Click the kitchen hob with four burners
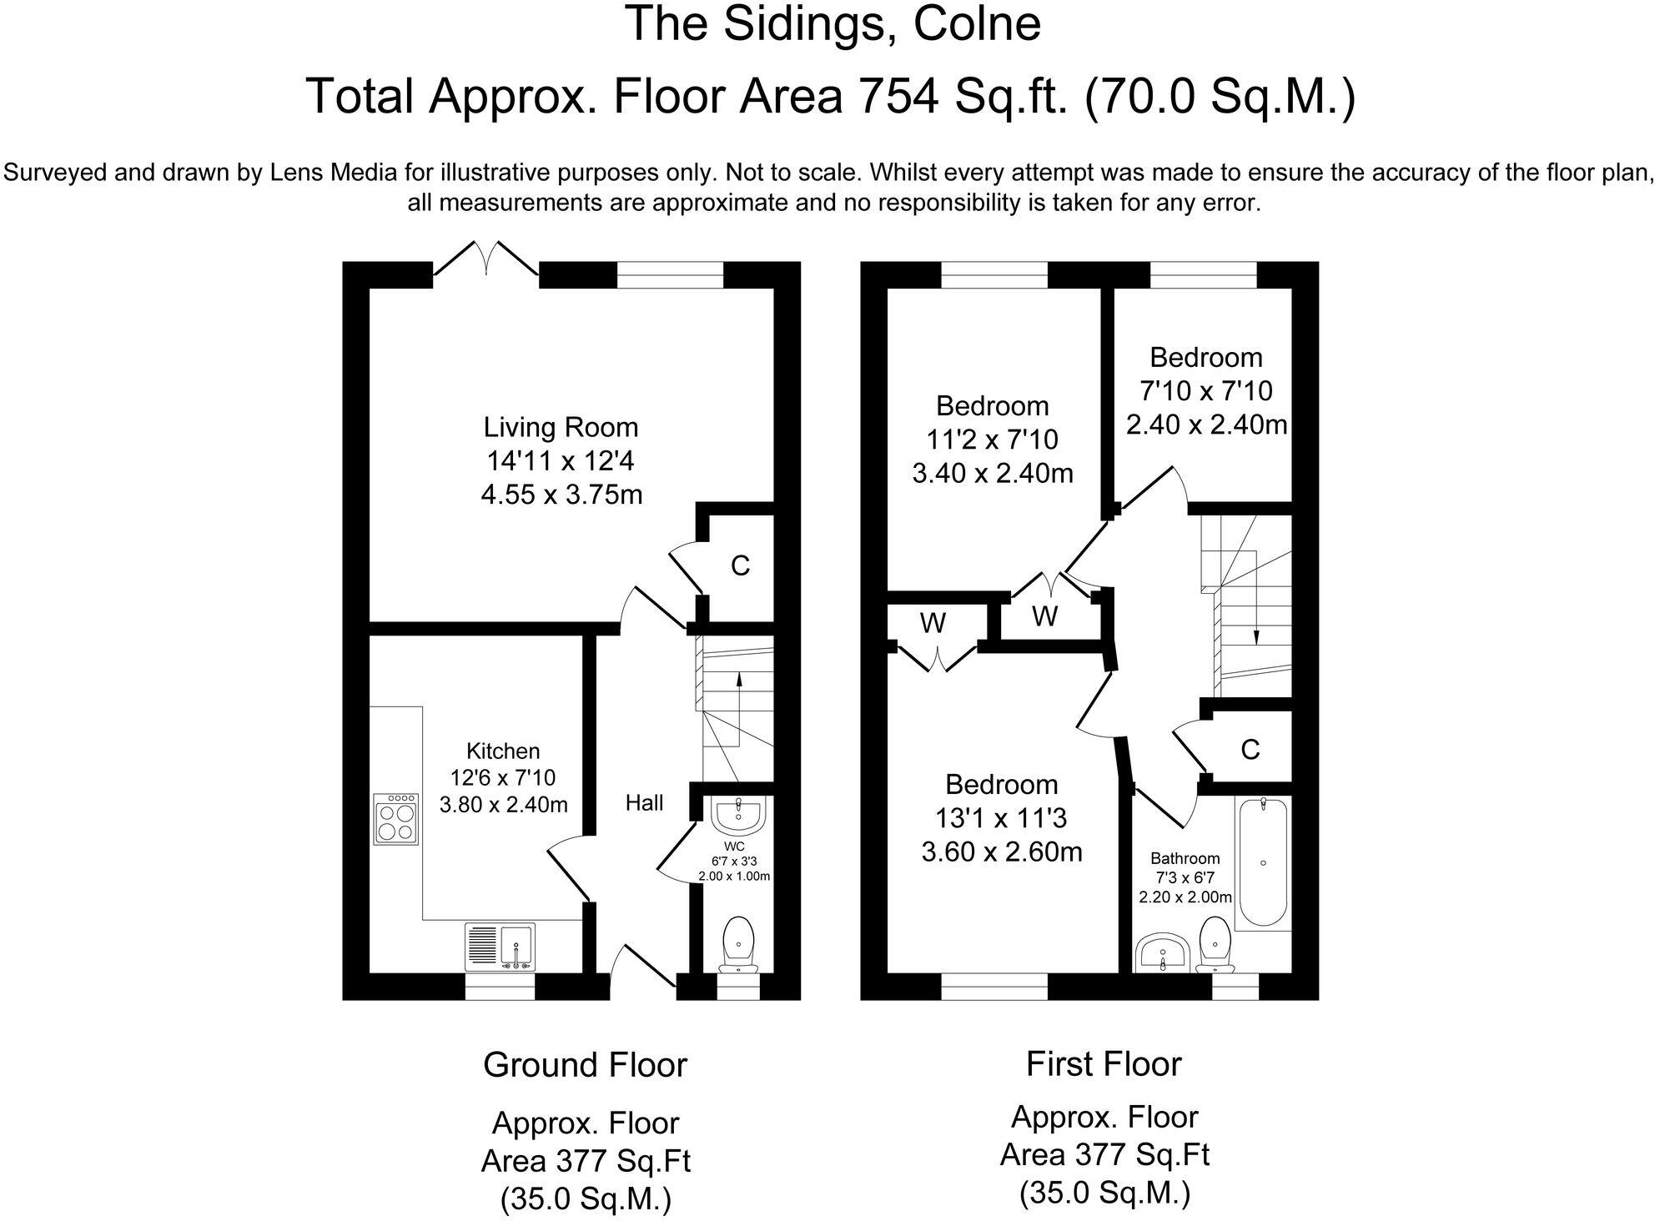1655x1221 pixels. point(397,820)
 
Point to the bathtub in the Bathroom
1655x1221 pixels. point(1263,863)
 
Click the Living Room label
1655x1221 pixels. point(561,427)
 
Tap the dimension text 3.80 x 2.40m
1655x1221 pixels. point(503,805)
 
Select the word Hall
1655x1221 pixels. point(644,803)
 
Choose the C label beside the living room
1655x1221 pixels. point(740,566)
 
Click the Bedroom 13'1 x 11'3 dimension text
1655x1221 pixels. point(1000,819)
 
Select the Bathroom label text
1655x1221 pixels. point(1185,858)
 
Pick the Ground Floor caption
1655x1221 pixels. point(585,1065)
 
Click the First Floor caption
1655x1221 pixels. point(1103,1064)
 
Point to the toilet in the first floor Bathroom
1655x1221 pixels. point(1213,944)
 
